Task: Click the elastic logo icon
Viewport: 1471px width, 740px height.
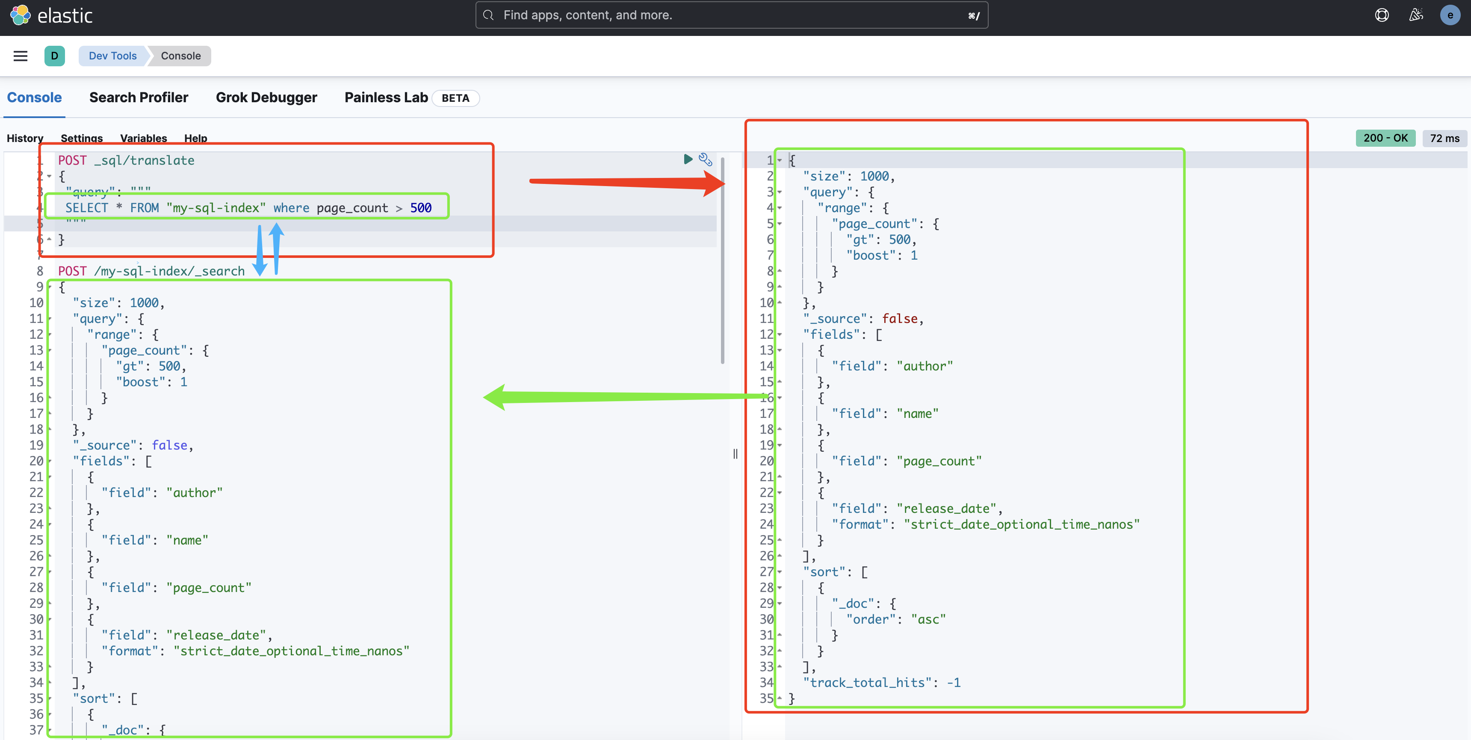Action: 21,15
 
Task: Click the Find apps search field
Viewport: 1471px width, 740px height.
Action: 731,15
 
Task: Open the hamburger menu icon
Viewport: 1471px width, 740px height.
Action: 21,56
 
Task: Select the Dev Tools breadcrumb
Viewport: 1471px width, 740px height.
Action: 112,56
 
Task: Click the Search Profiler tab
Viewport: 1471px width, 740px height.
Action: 139,98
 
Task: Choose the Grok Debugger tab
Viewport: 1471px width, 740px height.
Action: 266,98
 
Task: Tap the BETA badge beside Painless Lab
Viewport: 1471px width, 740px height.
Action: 455,98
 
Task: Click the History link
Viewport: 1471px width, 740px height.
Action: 24,138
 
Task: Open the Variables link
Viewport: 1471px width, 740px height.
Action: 143,138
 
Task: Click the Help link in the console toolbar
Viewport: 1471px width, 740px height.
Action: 195,138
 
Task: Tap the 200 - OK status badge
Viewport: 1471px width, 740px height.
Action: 1385,138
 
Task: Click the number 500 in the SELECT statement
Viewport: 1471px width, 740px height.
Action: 421,208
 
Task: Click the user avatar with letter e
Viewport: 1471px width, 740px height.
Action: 1450,15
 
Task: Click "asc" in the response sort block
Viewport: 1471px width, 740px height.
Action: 928,619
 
